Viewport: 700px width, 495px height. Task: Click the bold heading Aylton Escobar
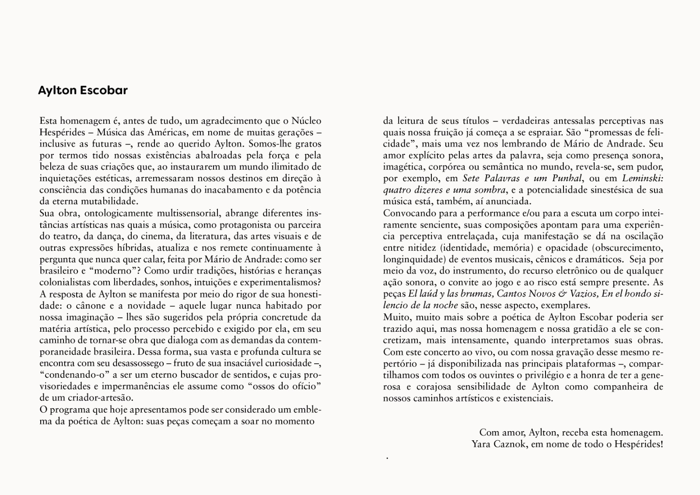coord(83,91)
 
